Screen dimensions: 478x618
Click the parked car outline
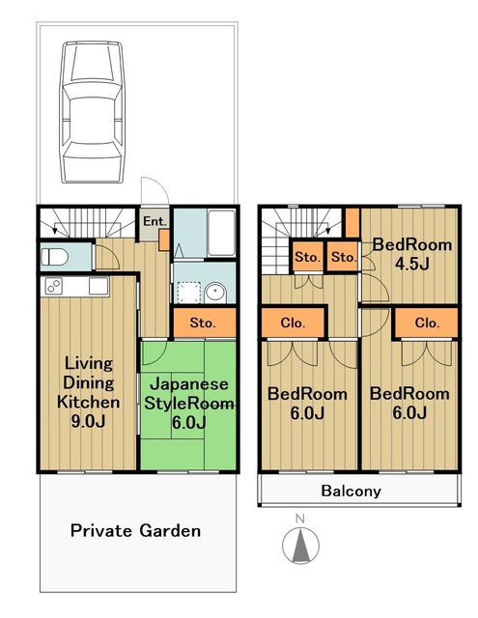[x=92, y=112]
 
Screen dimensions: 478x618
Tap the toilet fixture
[x=55, y=258]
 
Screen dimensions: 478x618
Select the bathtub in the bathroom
[x=221, y=233]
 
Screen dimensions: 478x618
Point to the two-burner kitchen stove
[x=54, y=286]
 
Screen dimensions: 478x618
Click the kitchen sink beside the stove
[x=98, y=286]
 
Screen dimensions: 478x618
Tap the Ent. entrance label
[x=155, y=221]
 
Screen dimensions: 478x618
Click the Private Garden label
[x=135, y=530]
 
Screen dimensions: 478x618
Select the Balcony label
[x=351, y=492]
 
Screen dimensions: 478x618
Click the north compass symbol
[x=300, y=545]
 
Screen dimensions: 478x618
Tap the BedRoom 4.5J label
[x=412, y=254]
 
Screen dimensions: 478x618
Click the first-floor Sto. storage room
[x=204, y=323]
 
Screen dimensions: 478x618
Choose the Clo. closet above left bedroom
[x=293, y=323]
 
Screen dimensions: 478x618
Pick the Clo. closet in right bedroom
[x=427, y=323]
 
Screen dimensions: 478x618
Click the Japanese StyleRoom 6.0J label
[x=188, y=404]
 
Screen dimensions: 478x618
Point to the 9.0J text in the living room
[x=88, y=421]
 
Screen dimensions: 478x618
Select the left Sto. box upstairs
[x=308, y=257]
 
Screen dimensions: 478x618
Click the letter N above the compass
[x=300, y=520]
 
